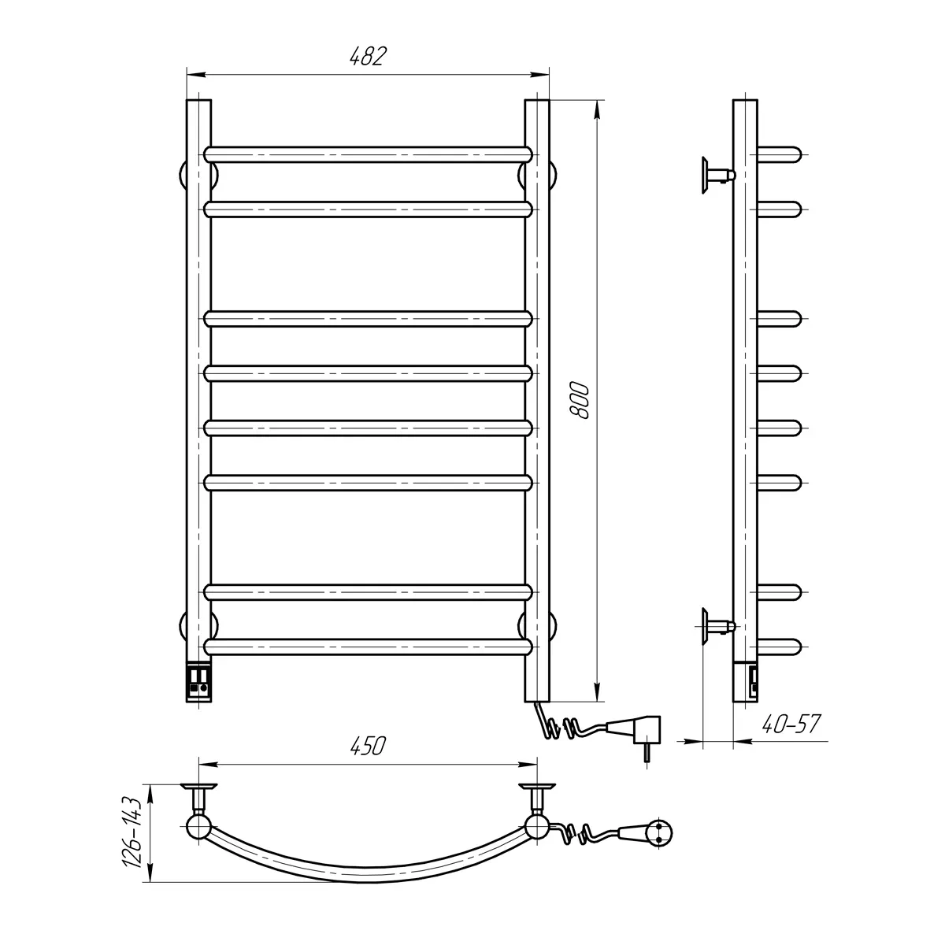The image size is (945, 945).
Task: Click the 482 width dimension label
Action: [368, 56]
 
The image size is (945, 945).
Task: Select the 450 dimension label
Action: [368, 746]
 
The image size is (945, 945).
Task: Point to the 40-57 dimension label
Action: [791, 724]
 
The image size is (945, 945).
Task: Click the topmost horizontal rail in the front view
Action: [368, 154]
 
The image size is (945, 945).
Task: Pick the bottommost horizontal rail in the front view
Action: [368, 647]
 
